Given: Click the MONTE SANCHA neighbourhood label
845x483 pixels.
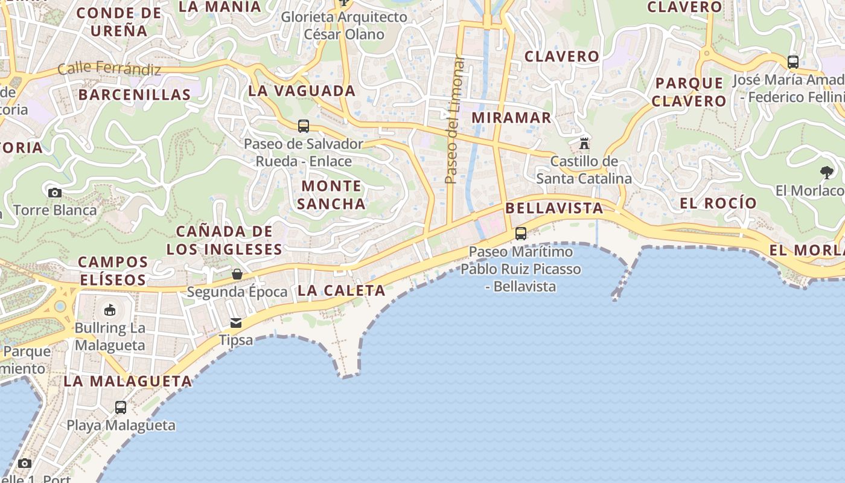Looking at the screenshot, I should coord(331,194).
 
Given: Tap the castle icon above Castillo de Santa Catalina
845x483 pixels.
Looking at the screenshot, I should coord(584,144).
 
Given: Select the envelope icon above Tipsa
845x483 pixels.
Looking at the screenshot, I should coord(235,323).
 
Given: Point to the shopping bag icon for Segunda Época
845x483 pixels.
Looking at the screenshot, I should coord(237,274).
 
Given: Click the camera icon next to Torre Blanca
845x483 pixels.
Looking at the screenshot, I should coord(55,193).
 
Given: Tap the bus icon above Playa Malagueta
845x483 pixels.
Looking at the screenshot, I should coord(121,408).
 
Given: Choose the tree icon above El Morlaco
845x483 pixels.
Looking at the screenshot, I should coord(826,173).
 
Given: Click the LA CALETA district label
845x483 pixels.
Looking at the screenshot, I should coord(342,290).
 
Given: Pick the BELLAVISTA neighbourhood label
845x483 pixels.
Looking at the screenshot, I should coord(554,208).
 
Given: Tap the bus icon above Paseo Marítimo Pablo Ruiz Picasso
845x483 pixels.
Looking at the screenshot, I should coord(521,234).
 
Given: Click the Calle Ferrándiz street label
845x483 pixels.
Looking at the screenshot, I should coord(109,68).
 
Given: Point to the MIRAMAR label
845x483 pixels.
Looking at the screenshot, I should coord(512,118).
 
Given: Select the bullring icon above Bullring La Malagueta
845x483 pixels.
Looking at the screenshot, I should coord(110,310).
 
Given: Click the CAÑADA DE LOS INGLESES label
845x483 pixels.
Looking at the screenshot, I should coord(225,240).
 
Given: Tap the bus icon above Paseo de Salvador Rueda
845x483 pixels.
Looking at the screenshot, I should coord(304,126).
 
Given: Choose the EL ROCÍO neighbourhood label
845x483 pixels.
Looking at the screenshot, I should coord(718,203).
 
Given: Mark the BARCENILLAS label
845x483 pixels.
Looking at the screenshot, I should coord(135,95).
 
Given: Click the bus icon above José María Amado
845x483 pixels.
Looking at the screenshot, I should coord(793,62).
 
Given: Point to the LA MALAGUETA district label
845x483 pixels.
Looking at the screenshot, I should coord(128,382).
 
